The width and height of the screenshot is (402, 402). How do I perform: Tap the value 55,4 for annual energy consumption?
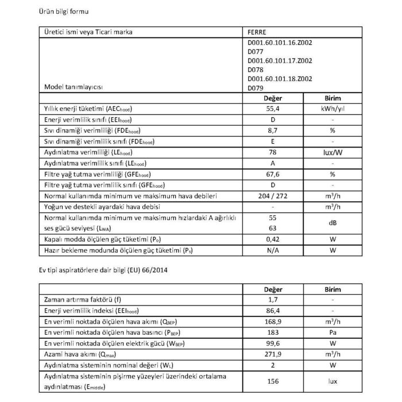coord(273,109)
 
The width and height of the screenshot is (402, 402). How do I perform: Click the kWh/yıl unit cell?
coord(333,109)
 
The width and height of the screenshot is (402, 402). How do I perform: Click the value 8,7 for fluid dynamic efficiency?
coord(273,130)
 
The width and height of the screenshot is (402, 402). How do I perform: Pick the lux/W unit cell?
coord(333,152)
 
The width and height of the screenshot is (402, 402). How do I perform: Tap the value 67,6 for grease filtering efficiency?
coord(273,174)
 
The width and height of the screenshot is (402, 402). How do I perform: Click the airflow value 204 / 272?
coord(273,196)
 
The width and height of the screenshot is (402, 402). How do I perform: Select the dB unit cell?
coord(333,222)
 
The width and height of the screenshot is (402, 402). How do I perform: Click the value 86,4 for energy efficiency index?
coord(273,311)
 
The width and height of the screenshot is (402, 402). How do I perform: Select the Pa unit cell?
coord(333,333)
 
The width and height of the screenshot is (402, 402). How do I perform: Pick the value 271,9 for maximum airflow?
coord(273,354)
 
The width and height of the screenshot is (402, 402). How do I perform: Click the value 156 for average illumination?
coord(273,381)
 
